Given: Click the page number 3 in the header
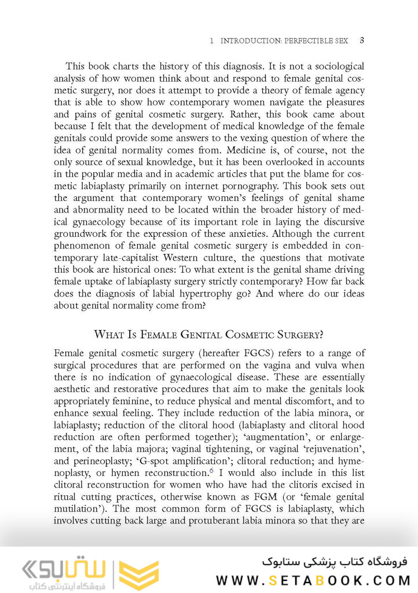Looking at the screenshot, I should [361, 41].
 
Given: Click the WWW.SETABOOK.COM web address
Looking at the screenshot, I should [313, 580].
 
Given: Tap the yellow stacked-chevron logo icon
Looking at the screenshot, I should [139, 575].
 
